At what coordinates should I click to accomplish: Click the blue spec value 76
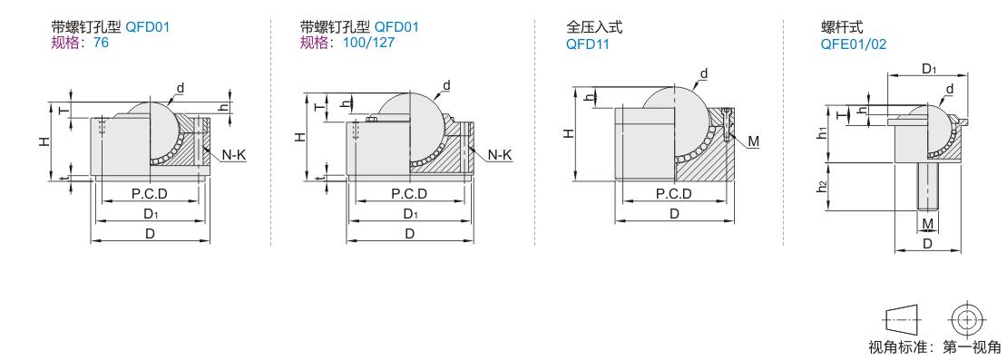pos(102,44)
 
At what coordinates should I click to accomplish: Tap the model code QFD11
pos(587,44)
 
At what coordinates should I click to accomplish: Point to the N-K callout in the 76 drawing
pos(234,154)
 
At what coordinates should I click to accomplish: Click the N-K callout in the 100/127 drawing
pos(500,154)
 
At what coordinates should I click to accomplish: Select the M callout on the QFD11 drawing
pos(753,141)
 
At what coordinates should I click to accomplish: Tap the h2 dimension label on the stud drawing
pos(821,187)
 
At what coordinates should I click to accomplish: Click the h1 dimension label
pos(821,132)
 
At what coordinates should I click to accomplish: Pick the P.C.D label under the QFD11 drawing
pos(673,194)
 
